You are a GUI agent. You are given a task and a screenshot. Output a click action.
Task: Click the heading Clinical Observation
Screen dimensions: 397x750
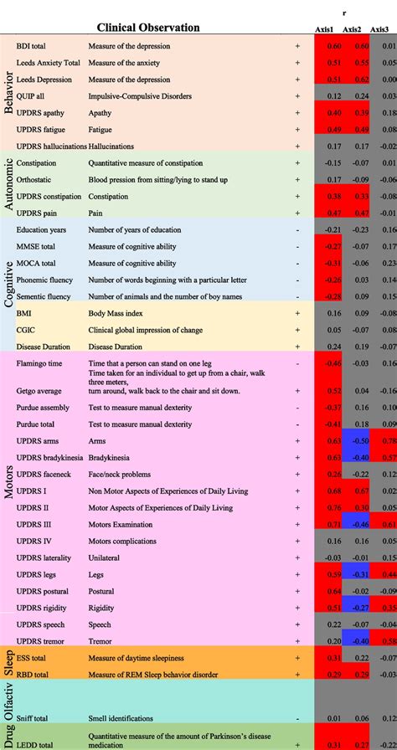click(148, 28)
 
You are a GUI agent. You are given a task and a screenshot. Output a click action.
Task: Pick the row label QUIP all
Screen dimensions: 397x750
click(31, 97)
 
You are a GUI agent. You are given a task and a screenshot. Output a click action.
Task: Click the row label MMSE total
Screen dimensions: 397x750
click(36, 246)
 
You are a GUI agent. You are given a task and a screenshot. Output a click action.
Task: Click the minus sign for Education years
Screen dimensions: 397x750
click(297, 229)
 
